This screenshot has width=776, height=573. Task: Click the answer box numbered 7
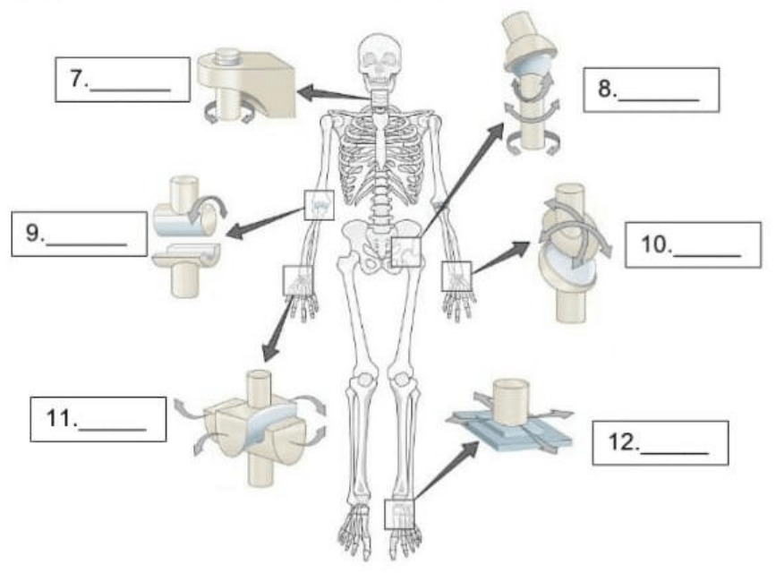[x=122, y=81]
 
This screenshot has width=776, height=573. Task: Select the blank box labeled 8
[x=651, y=90]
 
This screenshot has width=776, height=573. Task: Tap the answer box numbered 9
[x=80, y=234]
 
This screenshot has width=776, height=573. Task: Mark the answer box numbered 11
[x=98, y=419]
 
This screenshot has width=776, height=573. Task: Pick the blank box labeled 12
[x=661, y=442]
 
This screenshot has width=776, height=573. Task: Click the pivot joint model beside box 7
[x=244, y=84]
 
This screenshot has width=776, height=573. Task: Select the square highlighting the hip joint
[x=406, y=252]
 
